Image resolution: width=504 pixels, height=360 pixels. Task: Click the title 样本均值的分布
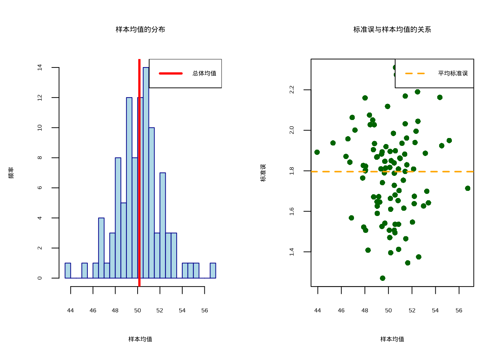point(140,29)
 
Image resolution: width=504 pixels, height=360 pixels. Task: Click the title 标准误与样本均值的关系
point(392,29)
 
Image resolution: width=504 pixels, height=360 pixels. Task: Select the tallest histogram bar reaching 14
point(146,172)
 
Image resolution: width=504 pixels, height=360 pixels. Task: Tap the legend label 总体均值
point(204,73)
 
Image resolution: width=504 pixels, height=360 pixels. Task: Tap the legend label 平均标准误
point(453,73)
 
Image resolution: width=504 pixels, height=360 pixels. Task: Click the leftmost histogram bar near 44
point(68,270)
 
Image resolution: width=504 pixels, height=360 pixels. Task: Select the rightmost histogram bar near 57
point(213,270)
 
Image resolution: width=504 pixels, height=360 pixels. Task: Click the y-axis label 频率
point(11,172)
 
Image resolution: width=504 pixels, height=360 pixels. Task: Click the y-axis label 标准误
point(263,172)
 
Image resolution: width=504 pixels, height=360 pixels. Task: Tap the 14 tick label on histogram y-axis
point(40,67)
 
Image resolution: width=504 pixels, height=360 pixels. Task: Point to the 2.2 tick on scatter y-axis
point(292,90)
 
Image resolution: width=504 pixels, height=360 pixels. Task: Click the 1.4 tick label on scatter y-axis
point(292,252)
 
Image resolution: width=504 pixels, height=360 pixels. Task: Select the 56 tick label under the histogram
point(204,310)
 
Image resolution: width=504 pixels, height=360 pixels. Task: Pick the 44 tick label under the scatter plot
point(318,310)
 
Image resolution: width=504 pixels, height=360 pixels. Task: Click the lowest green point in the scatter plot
point(382,278)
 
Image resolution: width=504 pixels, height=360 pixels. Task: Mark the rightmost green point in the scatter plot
point(468,188)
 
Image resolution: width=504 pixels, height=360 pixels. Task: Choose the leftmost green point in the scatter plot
point(317,152)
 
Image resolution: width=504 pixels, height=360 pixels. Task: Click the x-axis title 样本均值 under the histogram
point(140,339)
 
